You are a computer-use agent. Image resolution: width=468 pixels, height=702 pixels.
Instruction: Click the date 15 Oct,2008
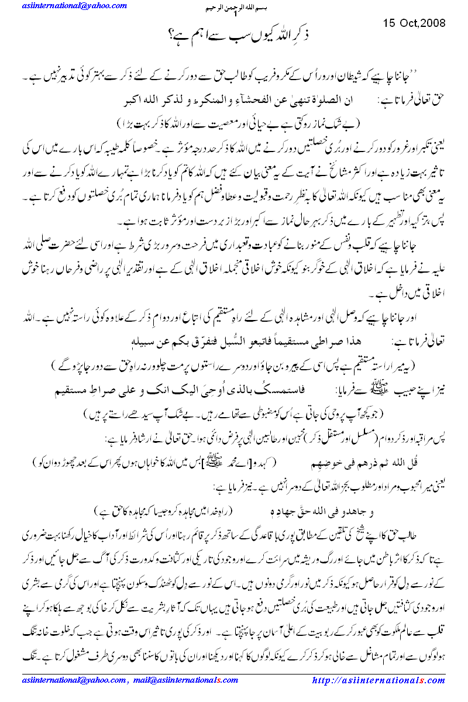point(414,23)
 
